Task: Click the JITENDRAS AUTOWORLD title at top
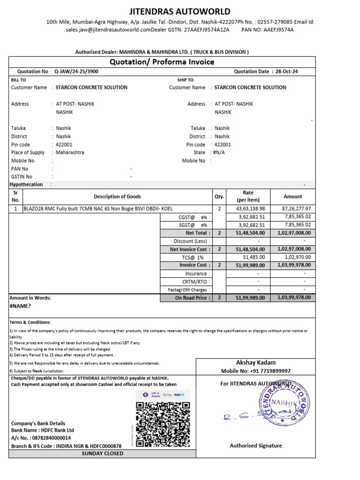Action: (180, 12)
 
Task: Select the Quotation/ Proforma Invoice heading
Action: (162, 62)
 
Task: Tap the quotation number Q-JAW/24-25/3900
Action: (76, 72)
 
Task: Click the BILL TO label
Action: (18, 80)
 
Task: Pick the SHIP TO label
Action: (185, 80)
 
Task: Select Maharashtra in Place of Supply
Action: (70, 152)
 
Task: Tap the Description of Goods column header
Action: (117, 196)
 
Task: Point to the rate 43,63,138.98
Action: (251, 209)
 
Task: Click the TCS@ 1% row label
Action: (194, 257)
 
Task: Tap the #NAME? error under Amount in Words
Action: (20, 306)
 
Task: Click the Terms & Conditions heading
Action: (30, 322)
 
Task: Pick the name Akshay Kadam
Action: (255, 362)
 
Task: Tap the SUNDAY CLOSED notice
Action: (102, 453)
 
